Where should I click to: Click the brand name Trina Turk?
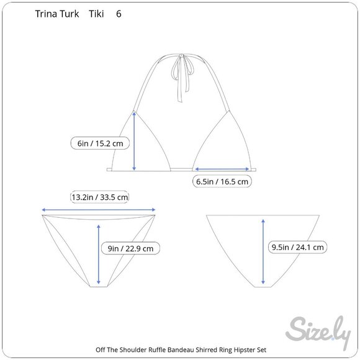tap(57, 14)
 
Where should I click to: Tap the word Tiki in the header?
tap(96, 14)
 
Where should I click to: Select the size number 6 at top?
tap(119, 14)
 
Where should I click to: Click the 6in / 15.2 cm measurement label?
tap(100, 143)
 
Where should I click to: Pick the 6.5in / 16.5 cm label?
tap(222, 181)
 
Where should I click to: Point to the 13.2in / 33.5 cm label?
tap(99, 197)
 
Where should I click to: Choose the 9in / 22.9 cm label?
tap(130, 248)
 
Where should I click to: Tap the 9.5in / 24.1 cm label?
tap(297, 247)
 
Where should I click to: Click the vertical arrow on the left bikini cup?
tap(134, 141)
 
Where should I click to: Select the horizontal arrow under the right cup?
tap(222, 169)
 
